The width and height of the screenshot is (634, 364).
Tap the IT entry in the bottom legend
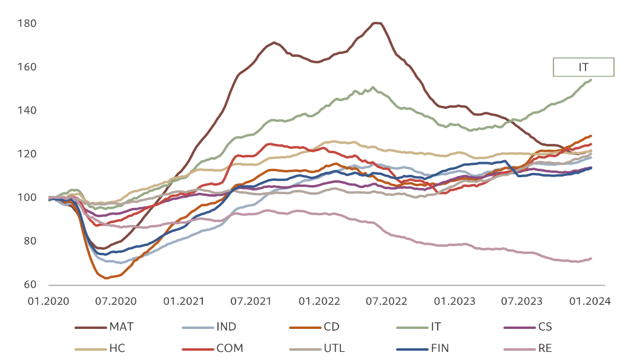tap(435, 327)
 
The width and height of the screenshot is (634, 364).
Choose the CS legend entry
tap(544, 327)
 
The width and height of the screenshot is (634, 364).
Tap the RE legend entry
tap(544, 348)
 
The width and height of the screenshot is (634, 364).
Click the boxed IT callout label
tap(583, 67)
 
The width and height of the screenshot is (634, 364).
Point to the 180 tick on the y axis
tap(28, 24)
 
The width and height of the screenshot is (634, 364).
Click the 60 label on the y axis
tap(30, 285)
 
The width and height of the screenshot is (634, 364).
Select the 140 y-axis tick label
tap(28, 111)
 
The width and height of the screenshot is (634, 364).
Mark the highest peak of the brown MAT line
tap(377, 23)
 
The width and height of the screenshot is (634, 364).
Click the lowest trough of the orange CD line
tap(107, 278)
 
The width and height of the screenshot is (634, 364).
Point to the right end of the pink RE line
tap(591, 258)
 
